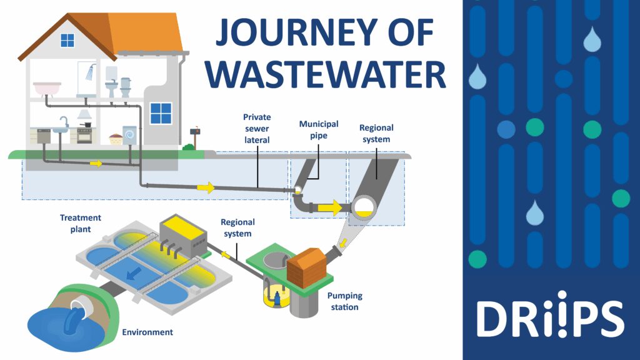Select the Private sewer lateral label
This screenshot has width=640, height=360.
click(256, 128)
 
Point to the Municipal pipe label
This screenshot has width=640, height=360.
click(318, 129)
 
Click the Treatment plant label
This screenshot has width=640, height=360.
click(80, 223)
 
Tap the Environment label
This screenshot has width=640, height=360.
click(147, 332)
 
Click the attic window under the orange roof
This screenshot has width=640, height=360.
click(67, 40)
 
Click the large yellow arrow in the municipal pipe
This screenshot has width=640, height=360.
click(329, 207)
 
